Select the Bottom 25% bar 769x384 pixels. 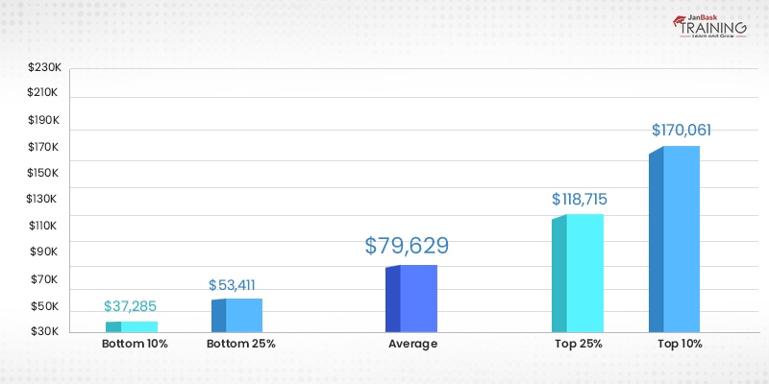[x=237, y=315]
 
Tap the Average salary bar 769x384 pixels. [x=412, y=299]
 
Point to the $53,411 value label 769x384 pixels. [x=232, y=285]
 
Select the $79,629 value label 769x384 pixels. [x=407, y=245]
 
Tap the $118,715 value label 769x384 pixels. [x=580, y=200]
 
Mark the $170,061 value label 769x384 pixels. [x=682, y=130]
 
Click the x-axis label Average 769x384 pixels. [x=412, y=344]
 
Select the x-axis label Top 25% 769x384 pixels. [x=579, y=344]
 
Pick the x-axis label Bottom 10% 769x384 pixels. [x=135, y=344]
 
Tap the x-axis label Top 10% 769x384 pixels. [x=680, y=344]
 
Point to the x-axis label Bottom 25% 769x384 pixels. [x=242, y=344]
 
